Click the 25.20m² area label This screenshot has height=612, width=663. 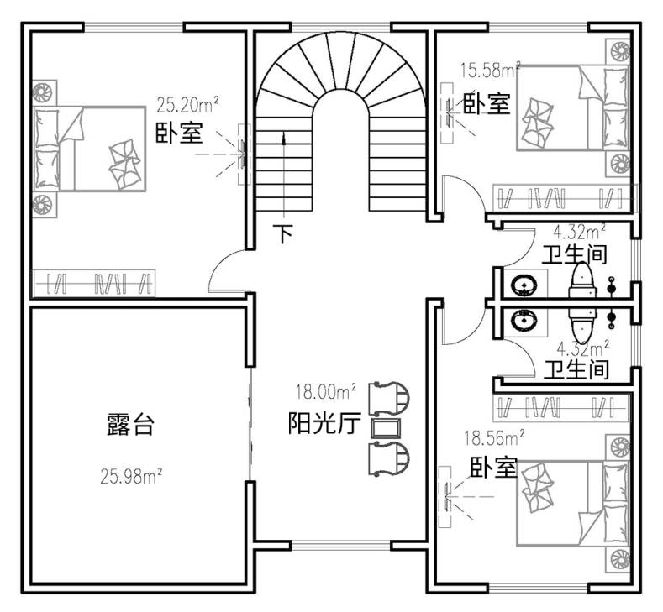click(x=187, y=104)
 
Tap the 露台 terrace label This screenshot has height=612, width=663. click(x=130, y=424)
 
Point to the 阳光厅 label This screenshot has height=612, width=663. click(x=324, y=423)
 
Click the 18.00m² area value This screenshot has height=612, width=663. click(x=325, y=391)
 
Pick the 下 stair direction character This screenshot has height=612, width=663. click(x=283, y=233)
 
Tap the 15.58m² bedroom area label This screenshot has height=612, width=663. click(x=490, y=71)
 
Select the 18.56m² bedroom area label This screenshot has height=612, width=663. click(x=494, y=438)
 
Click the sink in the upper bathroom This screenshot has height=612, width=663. click(x=524, y=285)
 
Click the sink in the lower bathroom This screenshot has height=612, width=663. click(x=524, y=320)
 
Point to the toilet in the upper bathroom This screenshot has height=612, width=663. click(x=583, y=280)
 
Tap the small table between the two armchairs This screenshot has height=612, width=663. click(x=385, y=427)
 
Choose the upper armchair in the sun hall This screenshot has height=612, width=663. click(x=389, y=398)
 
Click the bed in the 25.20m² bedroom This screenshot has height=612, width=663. click(x=90, y=149)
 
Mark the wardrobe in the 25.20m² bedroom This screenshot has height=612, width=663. click(x=94, y=283)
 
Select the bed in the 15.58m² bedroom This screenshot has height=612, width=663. click(x=572, y=107)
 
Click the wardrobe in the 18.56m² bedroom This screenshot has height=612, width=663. click(x=561, y=408)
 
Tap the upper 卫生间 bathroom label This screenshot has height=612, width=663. click(x=574, y=254)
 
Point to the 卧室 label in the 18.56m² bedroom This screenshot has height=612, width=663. click(x=494, y=467)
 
